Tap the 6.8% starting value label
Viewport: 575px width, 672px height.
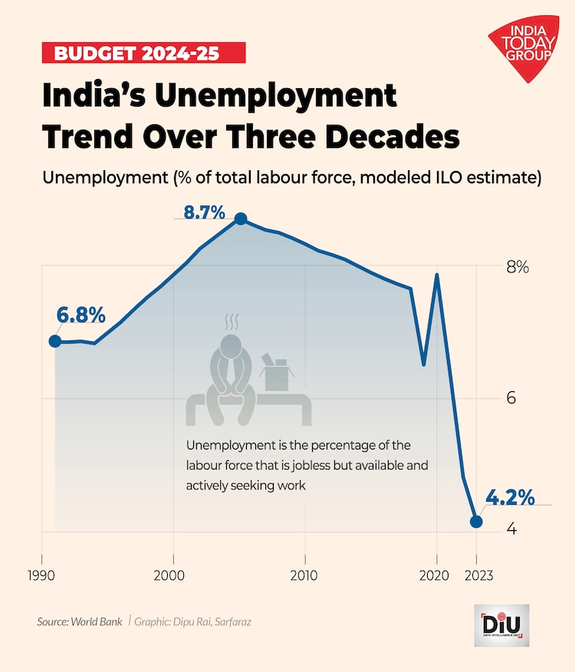click(80, 315)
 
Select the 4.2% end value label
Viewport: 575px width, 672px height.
click(509, 497)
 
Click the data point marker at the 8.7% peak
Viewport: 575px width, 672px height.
click(241, 219)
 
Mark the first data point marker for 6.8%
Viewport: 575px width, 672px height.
click(55, 341)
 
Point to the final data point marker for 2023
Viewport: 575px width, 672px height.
click(476, 522)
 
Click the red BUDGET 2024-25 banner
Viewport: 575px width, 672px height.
click(143, 53)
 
